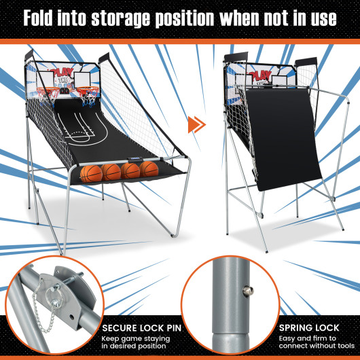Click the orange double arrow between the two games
[x=196, y=124]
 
